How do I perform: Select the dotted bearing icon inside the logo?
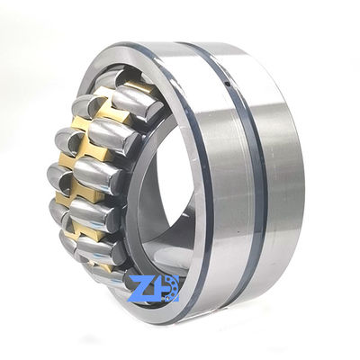[172, 286]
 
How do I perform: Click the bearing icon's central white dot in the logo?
[172, 286]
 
